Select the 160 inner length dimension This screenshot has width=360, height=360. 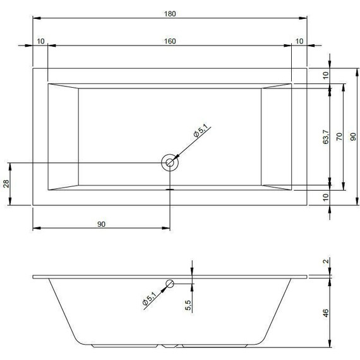click(170, 41)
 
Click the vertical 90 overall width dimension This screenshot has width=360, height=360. click(353, 135)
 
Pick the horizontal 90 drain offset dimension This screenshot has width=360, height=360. click(101, 224)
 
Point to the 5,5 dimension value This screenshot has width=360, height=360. click(188, 304)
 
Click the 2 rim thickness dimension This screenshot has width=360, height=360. click(326, 261)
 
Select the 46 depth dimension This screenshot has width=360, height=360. click(326, 313)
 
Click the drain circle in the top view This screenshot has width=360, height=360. click(170, 162)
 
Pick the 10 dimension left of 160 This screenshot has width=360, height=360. click(41, 41)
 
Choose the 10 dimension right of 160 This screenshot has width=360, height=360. click(299, 41)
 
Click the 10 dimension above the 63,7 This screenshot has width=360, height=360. click(327, 75)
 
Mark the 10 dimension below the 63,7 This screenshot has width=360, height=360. click(327, 196)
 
